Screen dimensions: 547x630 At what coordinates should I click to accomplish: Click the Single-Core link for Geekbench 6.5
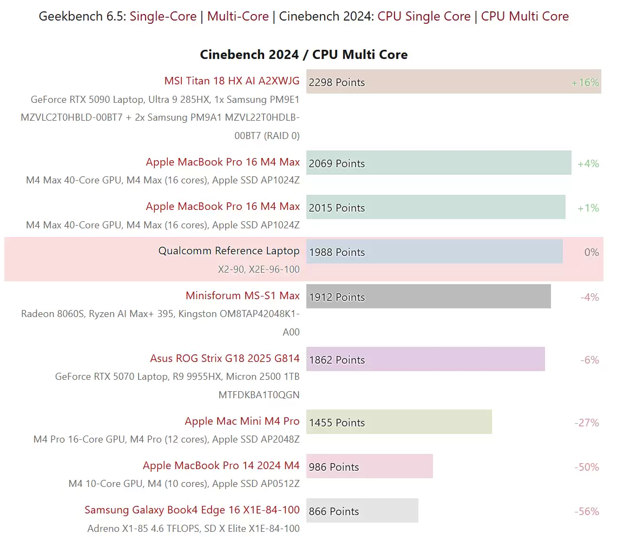tap(163, 17)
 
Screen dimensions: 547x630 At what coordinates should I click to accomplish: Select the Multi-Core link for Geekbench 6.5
tap(238, 17)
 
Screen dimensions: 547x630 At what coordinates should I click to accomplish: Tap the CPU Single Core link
tap(424, 17)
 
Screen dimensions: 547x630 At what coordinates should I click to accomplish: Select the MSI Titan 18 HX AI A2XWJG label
tap(232, 81)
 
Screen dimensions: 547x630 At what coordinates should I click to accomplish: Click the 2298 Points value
tap(337, 83)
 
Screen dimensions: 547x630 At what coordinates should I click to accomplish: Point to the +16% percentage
tap(585, 83)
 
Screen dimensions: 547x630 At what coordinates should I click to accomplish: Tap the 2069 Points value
tap(337, 164)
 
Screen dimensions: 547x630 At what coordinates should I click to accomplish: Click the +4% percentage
tap(588, 164)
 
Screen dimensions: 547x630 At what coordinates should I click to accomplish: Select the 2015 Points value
tap(337, 208)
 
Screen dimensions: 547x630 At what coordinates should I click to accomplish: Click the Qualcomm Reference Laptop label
tap(228, 251)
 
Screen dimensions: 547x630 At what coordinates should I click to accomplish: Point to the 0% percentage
tap(592, 253)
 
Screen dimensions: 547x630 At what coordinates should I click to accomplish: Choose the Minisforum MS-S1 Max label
tap(242, 296)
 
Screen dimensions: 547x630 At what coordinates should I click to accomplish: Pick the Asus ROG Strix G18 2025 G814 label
tap(225, 359)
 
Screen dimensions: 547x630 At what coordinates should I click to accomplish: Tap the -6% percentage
tap(589, 360)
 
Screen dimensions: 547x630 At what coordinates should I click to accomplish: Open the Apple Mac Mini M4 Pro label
tap(242, 421)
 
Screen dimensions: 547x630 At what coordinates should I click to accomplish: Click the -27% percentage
tap(587, 423)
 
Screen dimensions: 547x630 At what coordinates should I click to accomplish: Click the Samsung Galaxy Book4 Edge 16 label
tap(192, 510)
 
